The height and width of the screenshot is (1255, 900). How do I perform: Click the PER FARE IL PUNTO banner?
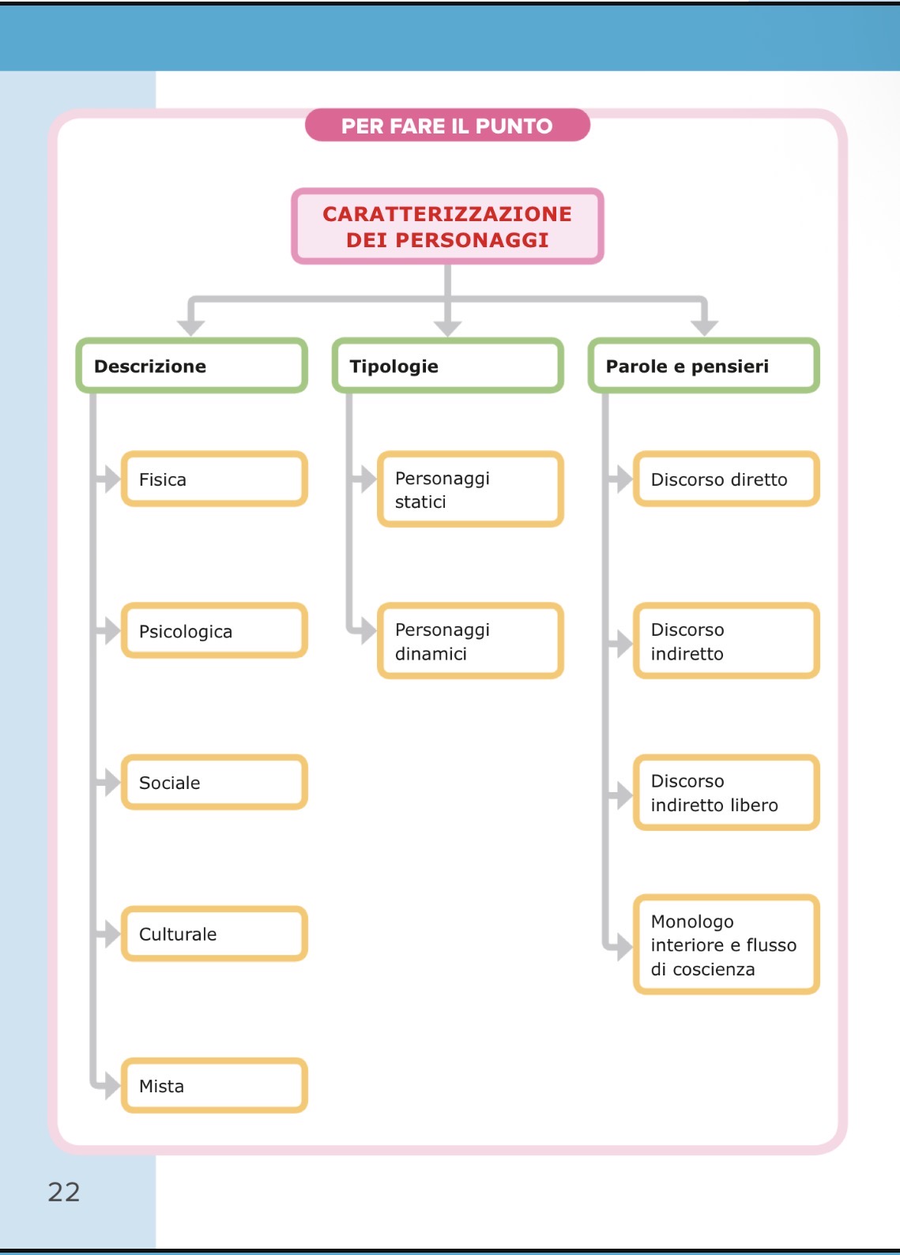coord(447,126)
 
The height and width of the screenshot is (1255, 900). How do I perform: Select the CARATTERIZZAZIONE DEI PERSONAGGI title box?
coord(447,226)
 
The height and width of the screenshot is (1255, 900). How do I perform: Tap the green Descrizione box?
coord(191,366)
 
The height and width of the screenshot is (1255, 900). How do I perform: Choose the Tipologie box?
coord(447,366)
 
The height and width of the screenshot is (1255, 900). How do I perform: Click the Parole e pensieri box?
coord(703,366)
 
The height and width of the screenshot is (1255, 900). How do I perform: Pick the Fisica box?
coord(213,479)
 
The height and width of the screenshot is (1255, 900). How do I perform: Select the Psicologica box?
coord(213,631)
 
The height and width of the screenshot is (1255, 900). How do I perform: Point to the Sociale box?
coord(213,783)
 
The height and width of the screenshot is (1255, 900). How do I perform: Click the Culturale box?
coord(213,934)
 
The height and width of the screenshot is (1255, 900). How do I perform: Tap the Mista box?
coord(213,1086)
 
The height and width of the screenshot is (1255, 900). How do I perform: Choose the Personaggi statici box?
coord(470,490)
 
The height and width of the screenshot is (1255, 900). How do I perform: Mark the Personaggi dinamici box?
coord(470,641)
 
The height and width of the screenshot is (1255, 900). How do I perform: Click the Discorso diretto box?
coord(726,479)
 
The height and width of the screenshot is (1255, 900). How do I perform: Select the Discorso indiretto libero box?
coord(726,793)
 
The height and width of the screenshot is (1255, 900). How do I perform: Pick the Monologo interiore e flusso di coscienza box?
coord(726,945)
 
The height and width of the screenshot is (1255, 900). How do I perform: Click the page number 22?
coord(64,1192)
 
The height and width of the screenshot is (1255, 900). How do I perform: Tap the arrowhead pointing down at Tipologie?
coord(447,328)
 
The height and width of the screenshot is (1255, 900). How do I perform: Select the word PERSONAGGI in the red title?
coord(472,240)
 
